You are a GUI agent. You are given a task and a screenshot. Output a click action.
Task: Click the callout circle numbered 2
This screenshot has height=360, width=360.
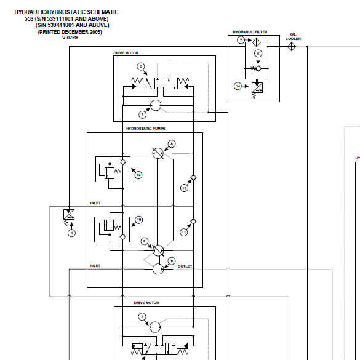pos(141,66)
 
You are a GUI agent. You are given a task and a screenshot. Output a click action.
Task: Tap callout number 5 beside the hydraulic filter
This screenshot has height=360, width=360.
pos(241,40)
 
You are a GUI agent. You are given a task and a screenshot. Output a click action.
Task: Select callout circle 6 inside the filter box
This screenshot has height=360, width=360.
pos(258,54)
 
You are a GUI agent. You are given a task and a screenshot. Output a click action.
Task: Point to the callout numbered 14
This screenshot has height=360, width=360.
pos(238,86)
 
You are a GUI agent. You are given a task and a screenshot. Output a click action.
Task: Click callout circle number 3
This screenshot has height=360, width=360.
pos(71,233)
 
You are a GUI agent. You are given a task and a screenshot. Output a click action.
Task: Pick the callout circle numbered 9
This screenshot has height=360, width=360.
pos(172,260)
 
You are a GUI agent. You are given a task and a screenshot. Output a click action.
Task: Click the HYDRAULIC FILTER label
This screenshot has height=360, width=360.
pos(249,31)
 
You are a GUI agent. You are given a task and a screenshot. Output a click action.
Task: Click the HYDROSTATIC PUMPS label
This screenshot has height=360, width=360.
pos(145,129)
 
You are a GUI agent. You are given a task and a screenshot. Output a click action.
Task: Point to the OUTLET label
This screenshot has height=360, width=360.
pos(185,266)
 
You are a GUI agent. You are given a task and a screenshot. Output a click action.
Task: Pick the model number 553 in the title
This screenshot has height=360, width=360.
pos(28,18)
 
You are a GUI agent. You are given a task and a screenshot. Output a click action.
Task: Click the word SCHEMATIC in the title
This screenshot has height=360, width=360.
pos(100,12)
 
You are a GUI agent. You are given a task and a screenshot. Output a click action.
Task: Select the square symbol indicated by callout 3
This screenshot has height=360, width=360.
pos(70,215)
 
